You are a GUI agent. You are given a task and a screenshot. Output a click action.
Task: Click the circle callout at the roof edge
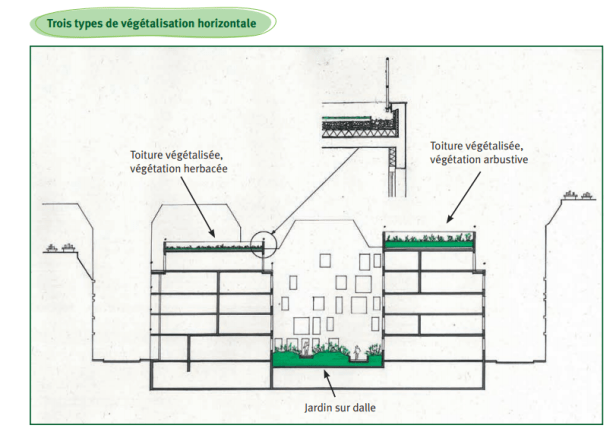(265, 244)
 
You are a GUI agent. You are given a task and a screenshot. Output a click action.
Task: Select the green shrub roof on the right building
(429, 240)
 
